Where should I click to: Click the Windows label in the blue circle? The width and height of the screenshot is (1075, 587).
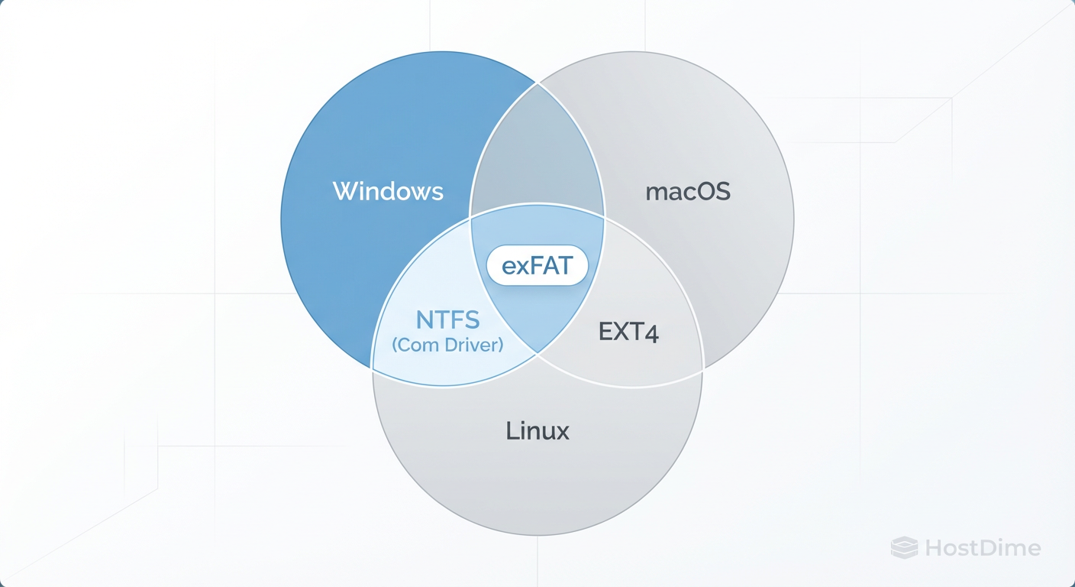(388, 191)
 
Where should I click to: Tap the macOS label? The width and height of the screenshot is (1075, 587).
(688, 192)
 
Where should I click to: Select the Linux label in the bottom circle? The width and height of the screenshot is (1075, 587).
(537, 431)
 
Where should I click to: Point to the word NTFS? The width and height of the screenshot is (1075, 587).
(447, 319)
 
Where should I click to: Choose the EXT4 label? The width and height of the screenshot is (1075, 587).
(628, 332)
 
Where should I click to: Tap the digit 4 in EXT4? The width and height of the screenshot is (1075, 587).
(651, 332)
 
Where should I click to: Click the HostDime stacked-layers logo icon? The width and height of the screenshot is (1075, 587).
(905, 547)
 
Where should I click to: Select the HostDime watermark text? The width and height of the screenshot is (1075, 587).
(983, 548)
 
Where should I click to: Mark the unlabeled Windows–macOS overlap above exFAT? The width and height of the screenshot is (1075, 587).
(537, 153)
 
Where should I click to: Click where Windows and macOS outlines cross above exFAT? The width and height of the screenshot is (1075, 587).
(537, 83)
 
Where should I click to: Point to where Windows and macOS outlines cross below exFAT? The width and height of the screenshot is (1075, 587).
(537, 354)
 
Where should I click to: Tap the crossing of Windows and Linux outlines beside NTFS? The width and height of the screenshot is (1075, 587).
(372, 368)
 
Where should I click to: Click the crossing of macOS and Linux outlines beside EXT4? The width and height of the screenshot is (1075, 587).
(702, 368)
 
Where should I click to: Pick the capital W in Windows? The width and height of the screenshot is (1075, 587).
(342, 191)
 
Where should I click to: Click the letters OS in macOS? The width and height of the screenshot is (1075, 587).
(712, 192)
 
